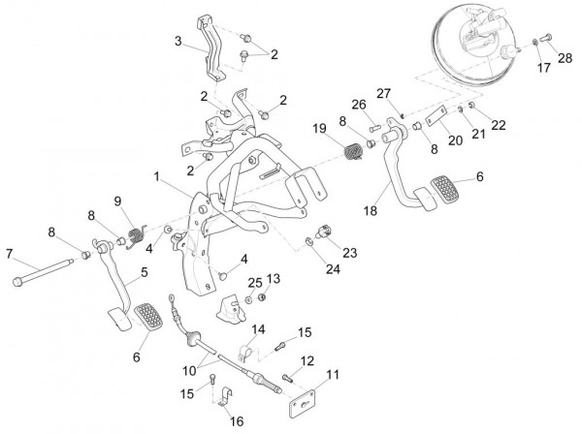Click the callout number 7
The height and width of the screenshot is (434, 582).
pyautogui.click(x=10, y=254)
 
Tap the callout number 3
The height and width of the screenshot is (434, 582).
pyautogui.click(x=178, y=41)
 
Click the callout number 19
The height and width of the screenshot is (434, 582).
pyautogui.click(x=319, y=129)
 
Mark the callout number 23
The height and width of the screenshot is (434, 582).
pyautogui.click(x=348, y=252)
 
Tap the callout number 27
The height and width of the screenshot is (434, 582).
pyautogui.click(x=384, y=93)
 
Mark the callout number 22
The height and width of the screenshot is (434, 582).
pyautogui.click(x=500, y=125)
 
